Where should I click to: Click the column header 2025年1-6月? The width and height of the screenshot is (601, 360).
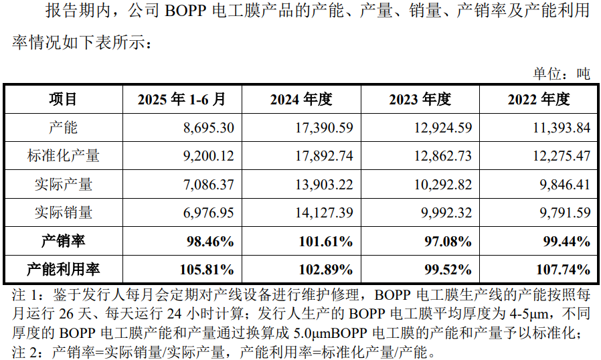pyautogui.click(x=181, y=100)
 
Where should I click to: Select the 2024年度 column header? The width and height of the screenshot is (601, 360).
pyautogui.click(x=301, y=100)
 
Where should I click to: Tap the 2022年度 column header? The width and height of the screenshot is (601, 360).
pyautogui.click(x=539, y=100)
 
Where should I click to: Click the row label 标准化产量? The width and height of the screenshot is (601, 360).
pyautogui.click(x=64, y=156)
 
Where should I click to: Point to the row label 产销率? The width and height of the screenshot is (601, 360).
pyautogui.click(x=64, y=241)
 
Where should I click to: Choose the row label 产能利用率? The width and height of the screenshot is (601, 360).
pyautogui.click(x=64, y=270)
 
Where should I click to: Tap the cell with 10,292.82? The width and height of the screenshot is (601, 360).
pyautogui.click(x=442, y=185)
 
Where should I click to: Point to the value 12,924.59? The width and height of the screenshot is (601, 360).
pyautogui.click(x=442, y=128)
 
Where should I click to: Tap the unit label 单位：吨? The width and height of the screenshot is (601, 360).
pyautogui.click(x=561, y=74)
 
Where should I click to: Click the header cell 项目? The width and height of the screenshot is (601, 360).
pyautogui.click(x=64, y=100)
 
